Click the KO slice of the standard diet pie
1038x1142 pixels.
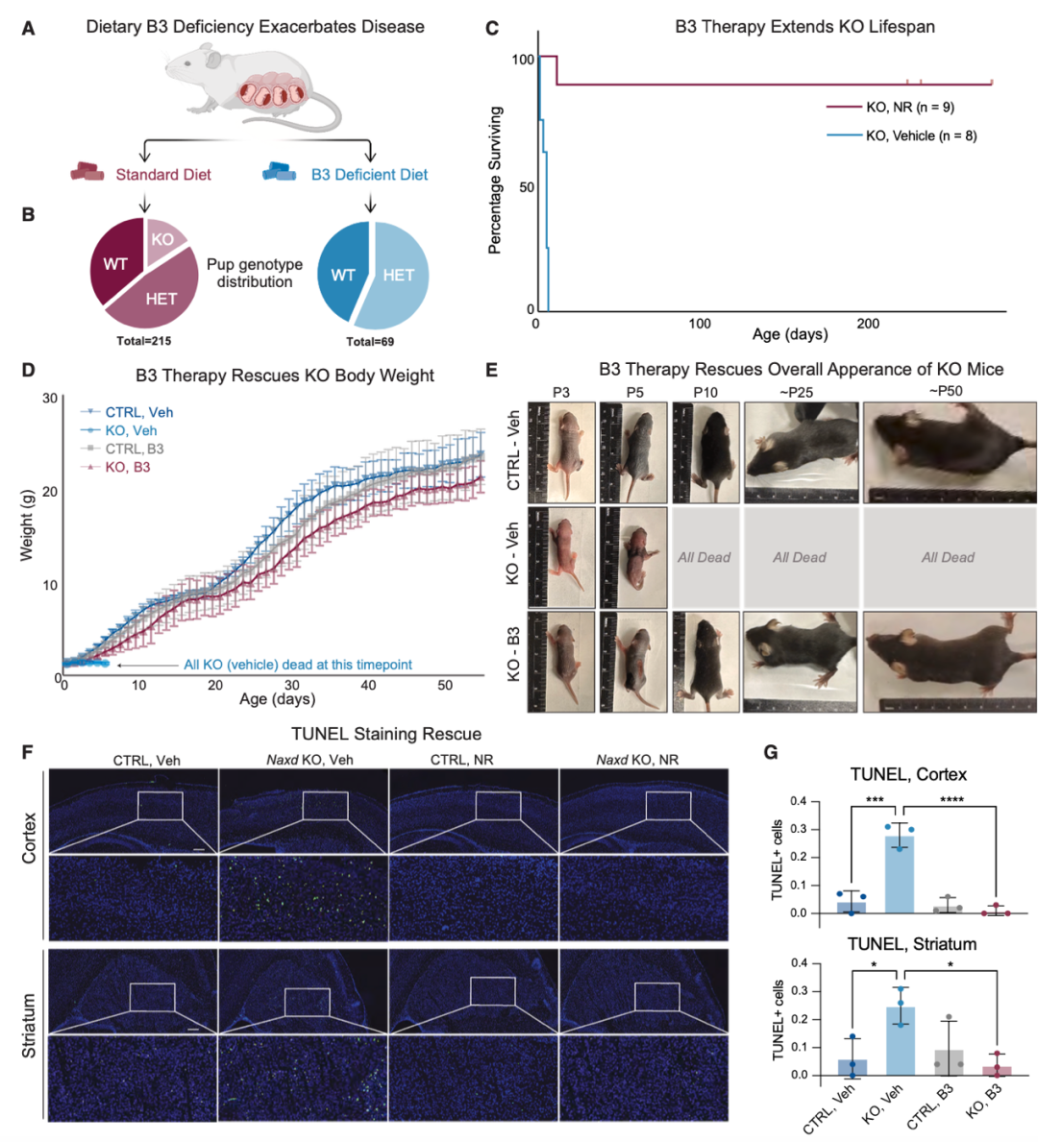(162, 239)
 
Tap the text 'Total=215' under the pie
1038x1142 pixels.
(143, 341)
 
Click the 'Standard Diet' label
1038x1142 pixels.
(163, 174)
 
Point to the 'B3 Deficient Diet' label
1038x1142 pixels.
(369, 174)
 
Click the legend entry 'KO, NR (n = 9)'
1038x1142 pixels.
(909, 107)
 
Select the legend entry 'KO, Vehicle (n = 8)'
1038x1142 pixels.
(921, 135)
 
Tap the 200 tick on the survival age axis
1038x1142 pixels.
(868, 324)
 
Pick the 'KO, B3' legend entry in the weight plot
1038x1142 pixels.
(127, 467)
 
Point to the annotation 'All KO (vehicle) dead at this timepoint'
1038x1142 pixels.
(298, 665)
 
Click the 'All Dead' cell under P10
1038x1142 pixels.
(704, 557)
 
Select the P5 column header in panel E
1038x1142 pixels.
(633, 392)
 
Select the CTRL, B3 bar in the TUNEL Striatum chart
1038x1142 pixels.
(949, 1061)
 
